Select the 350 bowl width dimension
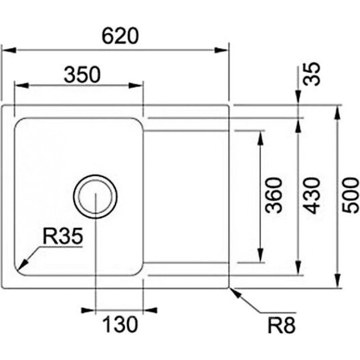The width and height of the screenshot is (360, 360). click(x=81, y=75)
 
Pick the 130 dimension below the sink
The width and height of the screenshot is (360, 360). click(x=120, y=324)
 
